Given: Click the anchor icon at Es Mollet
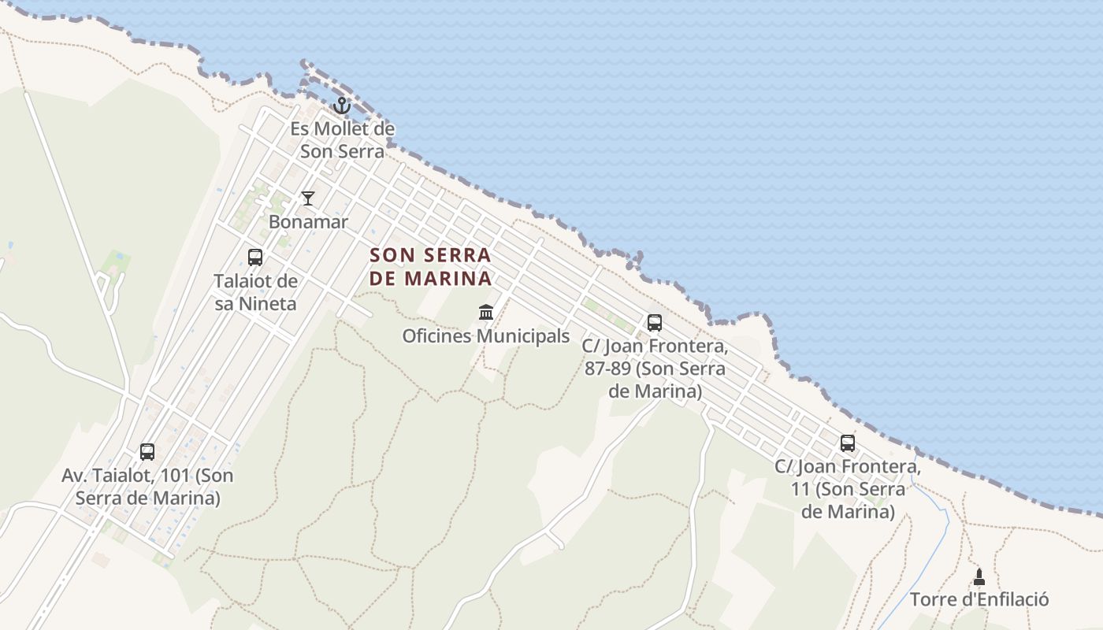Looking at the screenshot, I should tap(342, 105).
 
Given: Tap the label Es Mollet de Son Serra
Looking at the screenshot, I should tap(342, 139).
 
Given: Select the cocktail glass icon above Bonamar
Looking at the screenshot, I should tap(308, 198).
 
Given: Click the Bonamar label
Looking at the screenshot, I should tap(308, 222).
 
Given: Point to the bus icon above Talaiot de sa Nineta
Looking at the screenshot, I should tap(255, 257).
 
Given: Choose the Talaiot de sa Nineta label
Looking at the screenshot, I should tap(255, 292).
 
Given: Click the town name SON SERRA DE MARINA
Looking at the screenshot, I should tap(430, 266).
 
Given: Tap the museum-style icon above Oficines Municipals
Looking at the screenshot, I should tap(486, 313).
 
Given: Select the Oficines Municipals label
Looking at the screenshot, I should tap(486, 336).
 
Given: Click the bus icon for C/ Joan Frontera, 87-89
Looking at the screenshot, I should tap(655, 322).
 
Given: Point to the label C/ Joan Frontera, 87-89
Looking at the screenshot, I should tap(655, 369).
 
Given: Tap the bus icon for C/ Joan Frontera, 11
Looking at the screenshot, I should tap(848, 443).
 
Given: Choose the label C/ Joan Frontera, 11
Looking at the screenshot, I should tap(848, 489).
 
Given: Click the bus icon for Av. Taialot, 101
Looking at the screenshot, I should tap(147, 452).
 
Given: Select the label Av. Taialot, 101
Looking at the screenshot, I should tap(147, 487).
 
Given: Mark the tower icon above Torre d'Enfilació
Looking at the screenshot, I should tap(979, 576).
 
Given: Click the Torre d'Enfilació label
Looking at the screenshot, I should tap(979, 600).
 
